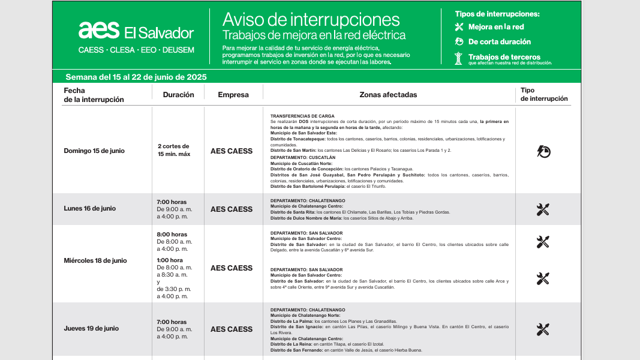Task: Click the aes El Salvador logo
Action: pyautogui.click(x=136, y=31)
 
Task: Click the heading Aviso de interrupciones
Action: pyautogui.click(x=311, y=19)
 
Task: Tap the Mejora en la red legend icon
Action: pyautogui.click(x=459, y=27)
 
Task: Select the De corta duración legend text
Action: pyautogui.click(x=499, y=42)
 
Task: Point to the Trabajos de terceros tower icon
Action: pyautogui.click(x=459, y=58)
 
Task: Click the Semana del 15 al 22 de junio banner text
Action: pyautogui.click(x=136, y=77)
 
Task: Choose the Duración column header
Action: pyautogui.click(x=178, y=95)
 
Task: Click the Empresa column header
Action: pyautogui.click(x=233, y=95)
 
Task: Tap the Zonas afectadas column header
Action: pyautogui.click(x=388, y=95)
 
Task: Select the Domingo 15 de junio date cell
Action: pyautogui.click(x=94, y=151)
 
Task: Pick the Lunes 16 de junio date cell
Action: pyautogui.click(x=90, y=209)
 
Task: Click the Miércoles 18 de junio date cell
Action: pyautogui.click(x=95, y=260)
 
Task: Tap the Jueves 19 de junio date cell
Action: pyautogui.click(x=91, y=329)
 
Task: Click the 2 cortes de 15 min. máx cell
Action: pyautogui.click(x=174, y=150)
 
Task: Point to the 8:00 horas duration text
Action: pyautogui.click(x=172, y=235)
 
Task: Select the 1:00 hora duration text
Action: pyautogui.click(x=170, y=260)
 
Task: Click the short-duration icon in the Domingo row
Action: pyautogui.click(x=543, y=151)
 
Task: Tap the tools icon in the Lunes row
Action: pyautogui.click(x=543, y=209)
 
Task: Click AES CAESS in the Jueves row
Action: pyautogui.click(x=232, y=329)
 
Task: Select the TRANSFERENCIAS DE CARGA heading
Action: pyautogui.click(x=302, y=116)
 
